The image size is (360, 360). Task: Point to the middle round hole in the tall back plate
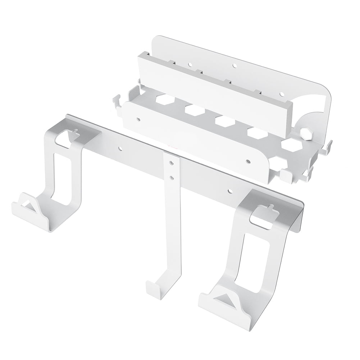click(x=234, y=66)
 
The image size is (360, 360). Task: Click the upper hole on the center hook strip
click(x=172, y=164)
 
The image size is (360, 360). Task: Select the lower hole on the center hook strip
click(x=172, y=177)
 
